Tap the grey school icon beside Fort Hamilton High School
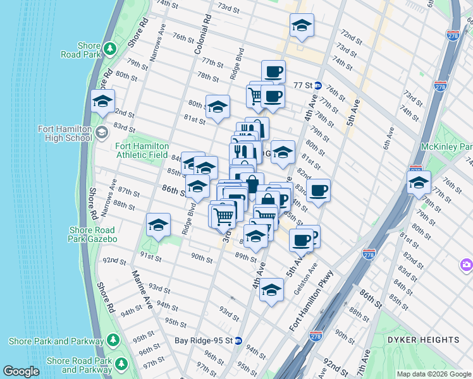coord(102,133)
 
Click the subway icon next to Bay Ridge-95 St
coord(238,340)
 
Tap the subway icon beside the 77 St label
coord(318,85)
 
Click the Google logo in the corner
coord(21,371)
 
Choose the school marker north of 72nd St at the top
coord(302,26)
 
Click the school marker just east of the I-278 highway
coord(418,183)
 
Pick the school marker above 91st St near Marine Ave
coord(158,225)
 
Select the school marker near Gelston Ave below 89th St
coord(271,290)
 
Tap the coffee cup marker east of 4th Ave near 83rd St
coord(318,191)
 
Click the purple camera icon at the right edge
coord(467,265)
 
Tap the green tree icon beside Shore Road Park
coord(110,48)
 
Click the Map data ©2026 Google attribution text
coord(433,374)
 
